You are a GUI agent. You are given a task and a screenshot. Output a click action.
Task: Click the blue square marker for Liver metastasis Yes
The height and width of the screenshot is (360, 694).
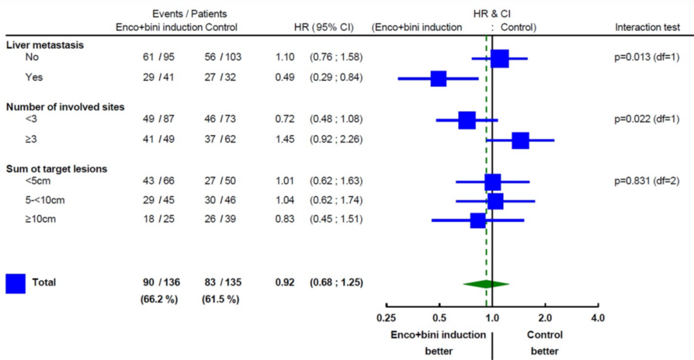pos(438,78)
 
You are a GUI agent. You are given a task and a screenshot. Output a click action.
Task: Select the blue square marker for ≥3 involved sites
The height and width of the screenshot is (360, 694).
pos(520,140)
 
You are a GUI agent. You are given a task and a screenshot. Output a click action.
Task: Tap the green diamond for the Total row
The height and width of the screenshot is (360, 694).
pos(486,283)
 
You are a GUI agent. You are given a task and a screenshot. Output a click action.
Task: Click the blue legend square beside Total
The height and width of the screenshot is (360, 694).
pos(15,283)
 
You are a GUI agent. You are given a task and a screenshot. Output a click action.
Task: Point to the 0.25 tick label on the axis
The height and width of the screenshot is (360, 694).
pos(386,318)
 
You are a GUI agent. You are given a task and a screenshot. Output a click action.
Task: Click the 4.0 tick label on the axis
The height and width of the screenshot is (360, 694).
pos(598,318)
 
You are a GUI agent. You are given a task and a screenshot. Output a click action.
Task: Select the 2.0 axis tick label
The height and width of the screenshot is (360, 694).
pos(545,318)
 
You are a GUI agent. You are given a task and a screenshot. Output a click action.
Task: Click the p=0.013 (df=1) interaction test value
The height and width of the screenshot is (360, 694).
pos(646,57)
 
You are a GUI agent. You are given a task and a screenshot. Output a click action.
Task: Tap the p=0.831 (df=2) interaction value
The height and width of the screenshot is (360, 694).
pos(646,181)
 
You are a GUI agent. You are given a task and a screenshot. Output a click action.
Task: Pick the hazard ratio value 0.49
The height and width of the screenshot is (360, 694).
pos(285,78)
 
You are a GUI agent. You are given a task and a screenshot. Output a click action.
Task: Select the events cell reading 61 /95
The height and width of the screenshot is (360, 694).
pos(159,57)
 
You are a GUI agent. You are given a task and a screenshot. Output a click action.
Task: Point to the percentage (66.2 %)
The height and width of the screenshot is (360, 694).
pos(159,300)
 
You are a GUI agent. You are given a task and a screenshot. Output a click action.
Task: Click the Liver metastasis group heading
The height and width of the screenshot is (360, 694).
pos(45,45)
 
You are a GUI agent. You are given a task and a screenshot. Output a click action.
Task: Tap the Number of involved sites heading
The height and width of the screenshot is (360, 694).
pos(65,107)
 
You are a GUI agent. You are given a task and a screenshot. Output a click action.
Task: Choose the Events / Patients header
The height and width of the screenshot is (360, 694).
pos(190,14)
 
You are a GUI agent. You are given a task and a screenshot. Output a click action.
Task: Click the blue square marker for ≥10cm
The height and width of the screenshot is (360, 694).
pos(477,221)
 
